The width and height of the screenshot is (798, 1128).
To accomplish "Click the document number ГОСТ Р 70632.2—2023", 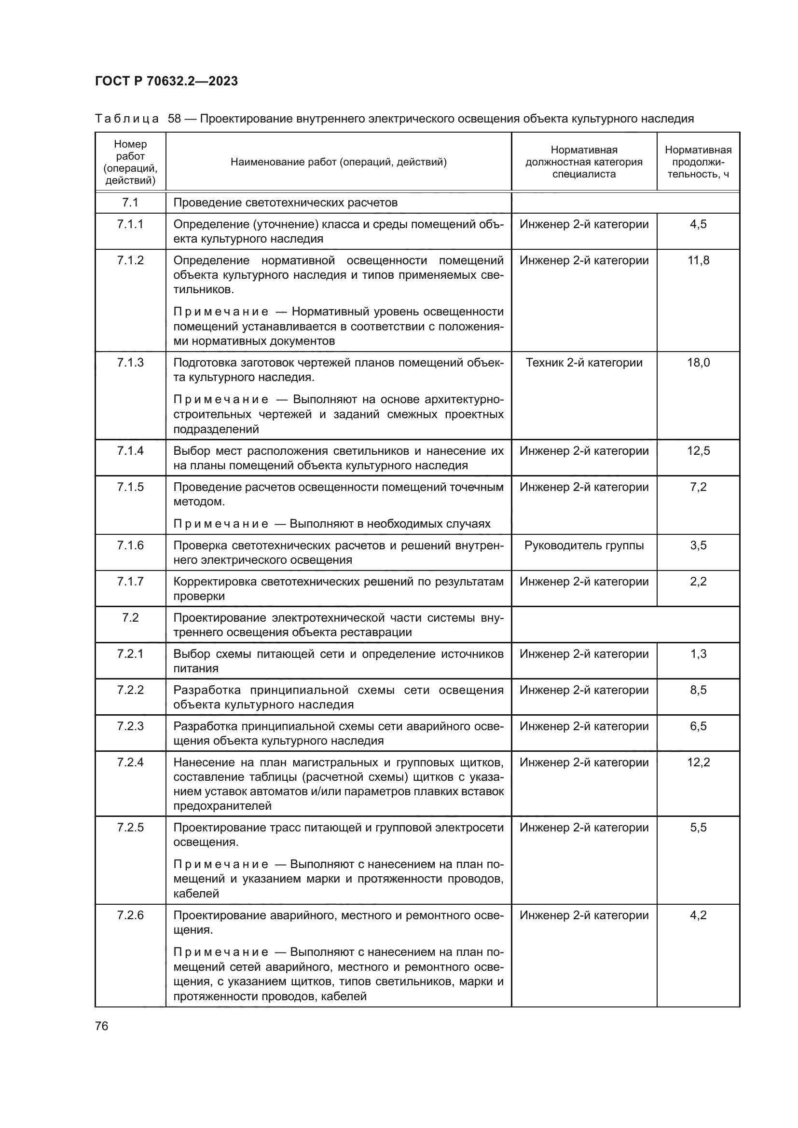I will coord(166,81).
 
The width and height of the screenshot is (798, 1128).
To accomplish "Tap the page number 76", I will coord(102,1026).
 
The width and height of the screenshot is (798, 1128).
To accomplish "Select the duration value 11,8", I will coord(698,260).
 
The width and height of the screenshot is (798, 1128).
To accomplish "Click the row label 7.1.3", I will coord(130,363).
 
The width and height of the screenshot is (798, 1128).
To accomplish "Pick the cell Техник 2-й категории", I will coord(584,363).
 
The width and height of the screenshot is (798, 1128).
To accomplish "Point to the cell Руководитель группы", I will coord(584,545).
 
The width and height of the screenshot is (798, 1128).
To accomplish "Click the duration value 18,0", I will coord(698,363).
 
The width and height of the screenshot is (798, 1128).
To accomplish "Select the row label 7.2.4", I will coord(130,762).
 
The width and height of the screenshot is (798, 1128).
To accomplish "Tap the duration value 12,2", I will coord(698,762).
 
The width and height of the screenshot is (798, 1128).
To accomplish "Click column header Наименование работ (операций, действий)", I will coord(339,162).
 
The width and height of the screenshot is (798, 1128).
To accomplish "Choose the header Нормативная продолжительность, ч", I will coord(698,162).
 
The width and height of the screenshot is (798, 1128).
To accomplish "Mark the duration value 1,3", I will coord(698,654).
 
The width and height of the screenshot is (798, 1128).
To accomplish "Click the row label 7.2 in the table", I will coord(130,618).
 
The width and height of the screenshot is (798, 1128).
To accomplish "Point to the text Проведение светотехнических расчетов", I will coord(285,203).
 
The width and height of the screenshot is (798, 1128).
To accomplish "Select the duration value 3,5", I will coord(698,545).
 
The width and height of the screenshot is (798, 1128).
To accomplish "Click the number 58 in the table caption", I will coord(175,119).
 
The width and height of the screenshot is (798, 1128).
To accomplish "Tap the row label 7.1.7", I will coord(130,582).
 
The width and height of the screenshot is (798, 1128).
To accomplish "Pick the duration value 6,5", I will coord(698,726).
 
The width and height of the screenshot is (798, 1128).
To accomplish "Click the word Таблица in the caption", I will coord(127,119).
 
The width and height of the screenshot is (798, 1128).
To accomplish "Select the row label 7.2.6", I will coord(130,915).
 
